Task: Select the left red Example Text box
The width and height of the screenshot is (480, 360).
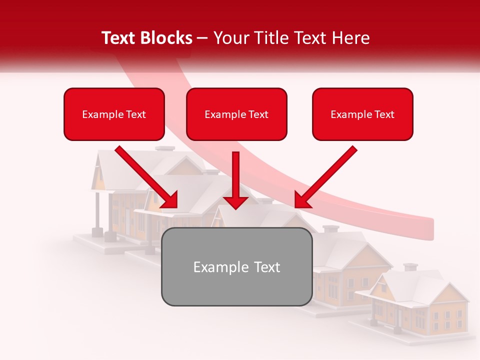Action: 114,114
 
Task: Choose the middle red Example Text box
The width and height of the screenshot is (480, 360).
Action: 236,114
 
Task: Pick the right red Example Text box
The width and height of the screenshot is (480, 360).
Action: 362,114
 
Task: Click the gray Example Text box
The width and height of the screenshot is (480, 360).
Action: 236,266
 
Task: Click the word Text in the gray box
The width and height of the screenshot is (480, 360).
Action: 264,267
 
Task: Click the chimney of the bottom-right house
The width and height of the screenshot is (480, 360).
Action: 410,267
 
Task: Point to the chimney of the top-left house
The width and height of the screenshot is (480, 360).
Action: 165,148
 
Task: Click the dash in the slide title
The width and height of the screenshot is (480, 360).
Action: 202,38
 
